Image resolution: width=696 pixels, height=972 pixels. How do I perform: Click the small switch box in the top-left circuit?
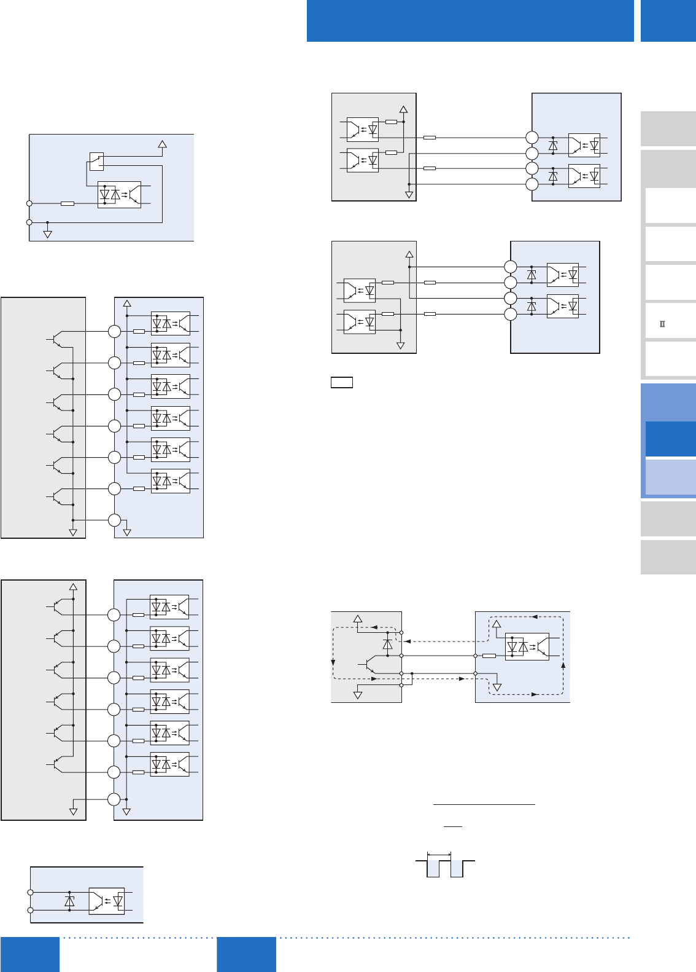point(96,161)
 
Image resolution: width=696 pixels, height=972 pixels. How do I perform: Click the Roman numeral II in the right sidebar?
point(662,324)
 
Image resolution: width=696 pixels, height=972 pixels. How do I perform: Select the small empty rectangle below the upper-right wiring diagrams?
point(342,382)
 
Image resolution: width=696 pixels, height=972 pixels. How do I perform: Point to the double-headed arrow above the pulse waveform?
point(439,854)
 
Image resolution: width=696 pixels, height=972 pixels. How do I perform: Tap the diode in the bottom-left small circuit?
point(69,901)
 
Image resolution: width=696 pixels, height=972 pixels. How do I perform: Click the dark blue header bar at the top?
point(470,20)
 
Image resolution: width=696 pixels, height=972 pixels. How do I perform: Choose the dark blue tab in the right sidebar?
point(670,439)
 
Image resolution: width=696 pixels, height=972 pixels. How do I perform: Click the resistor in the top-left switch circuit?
point(68,203)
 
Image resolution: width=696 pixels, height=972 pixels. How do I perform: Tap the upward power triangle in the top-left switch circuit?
point(163,145)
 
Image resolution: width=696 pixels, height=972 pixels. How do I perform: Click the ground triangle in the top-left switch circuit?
point(47,234)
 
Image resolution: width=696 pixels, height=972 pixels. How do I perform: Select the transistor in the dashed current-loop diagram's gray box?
point(369,665)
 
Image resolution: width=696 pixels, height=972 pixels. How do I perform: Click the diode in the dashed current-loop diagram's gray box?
point(387,644)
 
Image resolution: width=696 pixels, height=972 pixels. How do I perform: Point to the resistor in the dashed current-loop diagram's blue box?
point(489,656)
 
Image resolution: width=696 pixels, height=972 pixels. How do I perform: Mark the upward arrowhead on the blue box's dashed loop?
point(563,665)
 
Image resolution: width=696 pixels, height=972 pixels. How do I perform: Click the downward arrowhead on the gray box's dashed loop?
point(333,662)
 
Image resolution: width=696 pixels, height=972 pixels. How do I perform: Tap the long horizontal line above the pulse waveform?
point(484,804)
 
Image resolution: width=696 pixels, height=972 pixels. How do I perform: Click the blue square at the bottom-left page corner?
point(30,954)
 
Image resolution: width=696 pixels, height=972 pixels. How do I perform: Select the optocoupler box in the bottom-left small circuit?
point(107,901)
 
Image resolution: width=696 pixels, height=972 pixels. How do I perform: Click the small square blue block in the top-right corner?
point(668,20)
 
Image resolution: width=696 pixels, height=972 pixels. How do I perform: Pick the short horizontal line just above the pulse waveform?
point(453,826)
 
